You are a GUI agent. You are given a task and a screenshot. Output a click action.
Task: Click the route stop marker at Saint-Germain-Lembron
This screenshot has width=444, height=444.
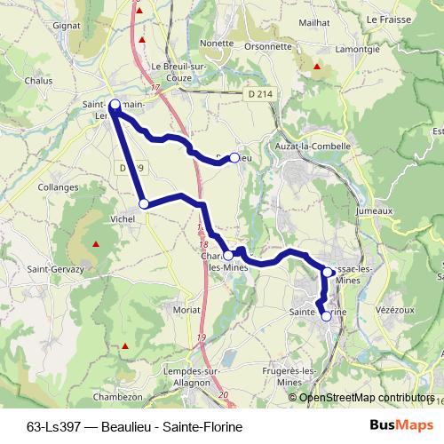click(115, 104)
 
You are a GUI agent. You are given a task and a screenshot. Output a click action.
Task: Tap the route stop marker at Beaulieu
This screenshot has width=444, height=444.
click(234, 157)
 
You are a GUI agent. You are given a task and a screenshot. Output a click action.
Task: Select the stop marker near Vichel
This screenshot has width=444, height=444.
click(143, 205)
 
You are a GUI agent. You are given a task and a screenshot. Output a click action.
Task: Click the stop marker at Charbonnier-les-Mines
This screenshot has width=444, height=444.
click(228, 255)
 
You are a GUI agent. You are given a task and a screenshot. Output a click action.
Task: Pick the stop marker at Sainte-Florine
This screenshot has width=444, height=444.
click(326, 315)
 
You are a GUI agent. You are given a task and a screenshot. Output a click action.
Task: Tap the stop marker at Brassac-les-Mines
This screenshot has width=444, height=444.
click(327, 272)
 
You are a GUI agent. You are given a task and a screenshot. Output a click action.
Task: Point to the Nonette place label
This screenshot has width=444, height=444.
click(216, 42)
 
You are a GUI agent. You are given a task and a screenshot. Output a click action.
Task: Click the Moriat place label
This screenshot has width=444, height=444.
click(186, 310)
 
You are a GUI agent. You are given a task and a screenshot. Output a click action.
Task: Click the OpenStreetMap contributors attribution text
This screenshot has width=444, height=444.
click(366, 398)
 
